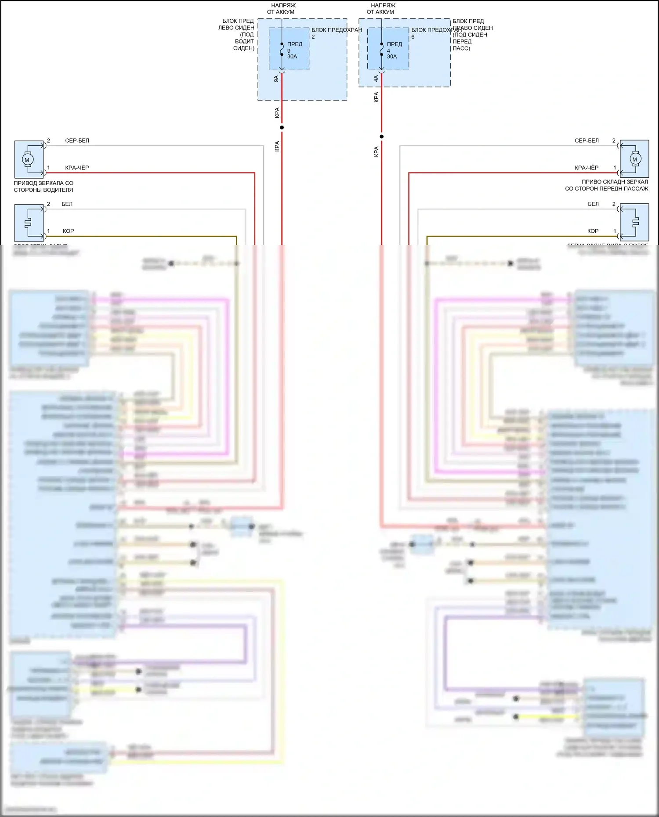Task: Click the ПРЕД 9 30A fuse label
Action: (x=294, y=50)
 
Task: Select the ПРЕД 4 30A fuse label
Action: (x=394, y=50)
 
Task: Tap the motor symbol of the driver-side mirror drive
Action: (x=27, y=160)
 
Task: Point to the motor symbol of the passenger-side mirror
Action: (x=634, y=159)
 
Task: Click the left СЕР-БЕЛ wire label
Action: (x=77, y=141)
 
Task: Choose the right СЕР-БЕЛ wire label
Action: (x=587, y=141)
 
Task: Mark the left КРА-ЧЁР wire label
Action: (x=77, y=168)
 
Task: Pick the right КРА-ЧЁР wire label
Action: (x=587, y=168)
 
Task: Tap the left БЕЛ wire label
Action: (x=67, y=204)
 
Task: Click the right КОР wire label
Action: (x=593, y=231)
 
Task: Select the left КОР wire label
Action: (x=68, y=231)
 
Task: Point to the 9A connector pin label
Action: (x=276, y=79)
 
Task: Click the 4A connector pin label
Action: (x=376, y=79)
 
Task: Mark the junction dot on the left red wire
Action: (x=282, y=127)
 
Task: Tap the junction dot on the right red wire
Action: (x=381, y=137)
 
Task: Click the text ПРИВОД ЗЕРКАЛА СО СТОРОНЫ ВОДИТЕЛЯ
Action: (x=43, y=187)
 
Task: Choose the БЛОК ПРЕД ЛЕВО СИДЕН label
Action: (x=237, y=34)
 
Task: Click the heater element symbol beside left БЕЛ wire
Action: (x=28, y=223)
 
